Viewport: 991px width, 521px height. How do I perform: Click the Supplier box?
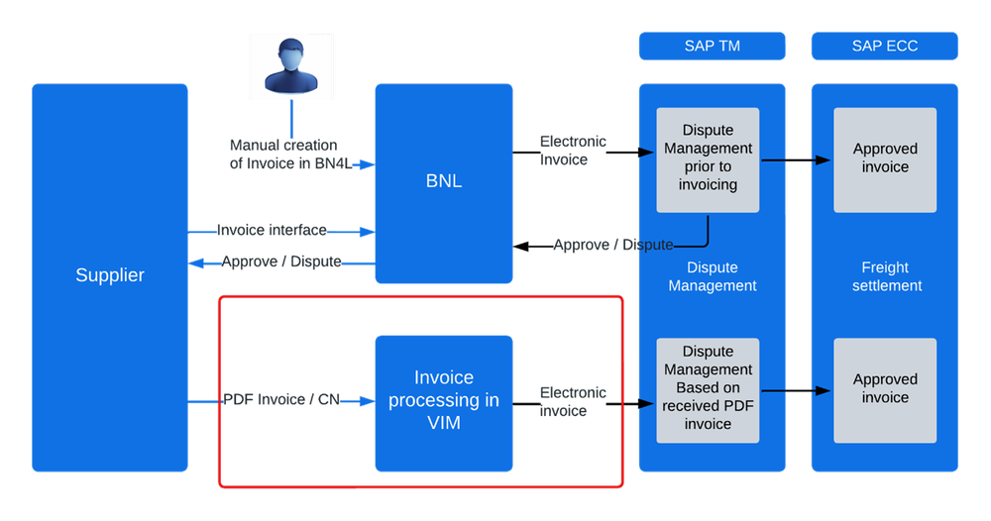[x=110, y=276]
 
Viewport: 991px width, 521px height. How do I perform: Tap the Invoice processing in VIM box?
[x=443, y=401]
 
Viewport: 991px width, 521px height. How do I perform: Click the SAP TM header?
[x=712, y=47]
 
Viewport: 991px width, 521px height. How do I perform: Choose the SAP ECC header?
[x=884, y=47]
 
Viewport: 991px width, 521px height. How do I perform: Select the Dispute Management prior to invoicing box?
[x=708, y=158]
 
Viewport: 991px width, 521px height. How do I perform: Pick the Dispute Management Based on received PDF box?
[x=708, y=388]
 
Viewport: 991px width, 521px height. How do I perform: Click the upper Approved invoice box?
[x=885, y=158]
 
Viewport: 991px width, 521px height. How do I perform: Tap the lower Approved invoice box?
[x=885, y=388]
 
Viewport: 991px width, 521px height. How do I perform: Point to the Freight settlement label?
[x=885, y=276]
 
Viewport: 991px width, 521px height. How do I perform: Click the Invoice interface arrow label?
[x=273, y=231]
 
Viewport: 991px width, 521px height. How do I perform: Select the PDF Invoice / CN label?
[x=281, y=400]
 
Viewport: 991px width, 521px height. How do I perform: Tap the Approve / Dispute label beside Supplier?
[x=281, y=262]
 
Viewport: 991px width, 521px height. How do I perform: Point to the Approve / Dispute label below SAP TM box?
[x=613, y=245]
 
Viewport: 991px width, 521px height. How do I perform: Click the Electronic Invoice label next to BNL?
[x=573, y=151]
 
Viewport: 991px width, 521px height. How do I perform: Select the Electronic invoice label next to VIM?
[x=573, y=402]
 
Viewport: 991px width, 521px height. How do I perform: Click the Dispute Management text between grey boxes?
[x=712, y=276]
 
